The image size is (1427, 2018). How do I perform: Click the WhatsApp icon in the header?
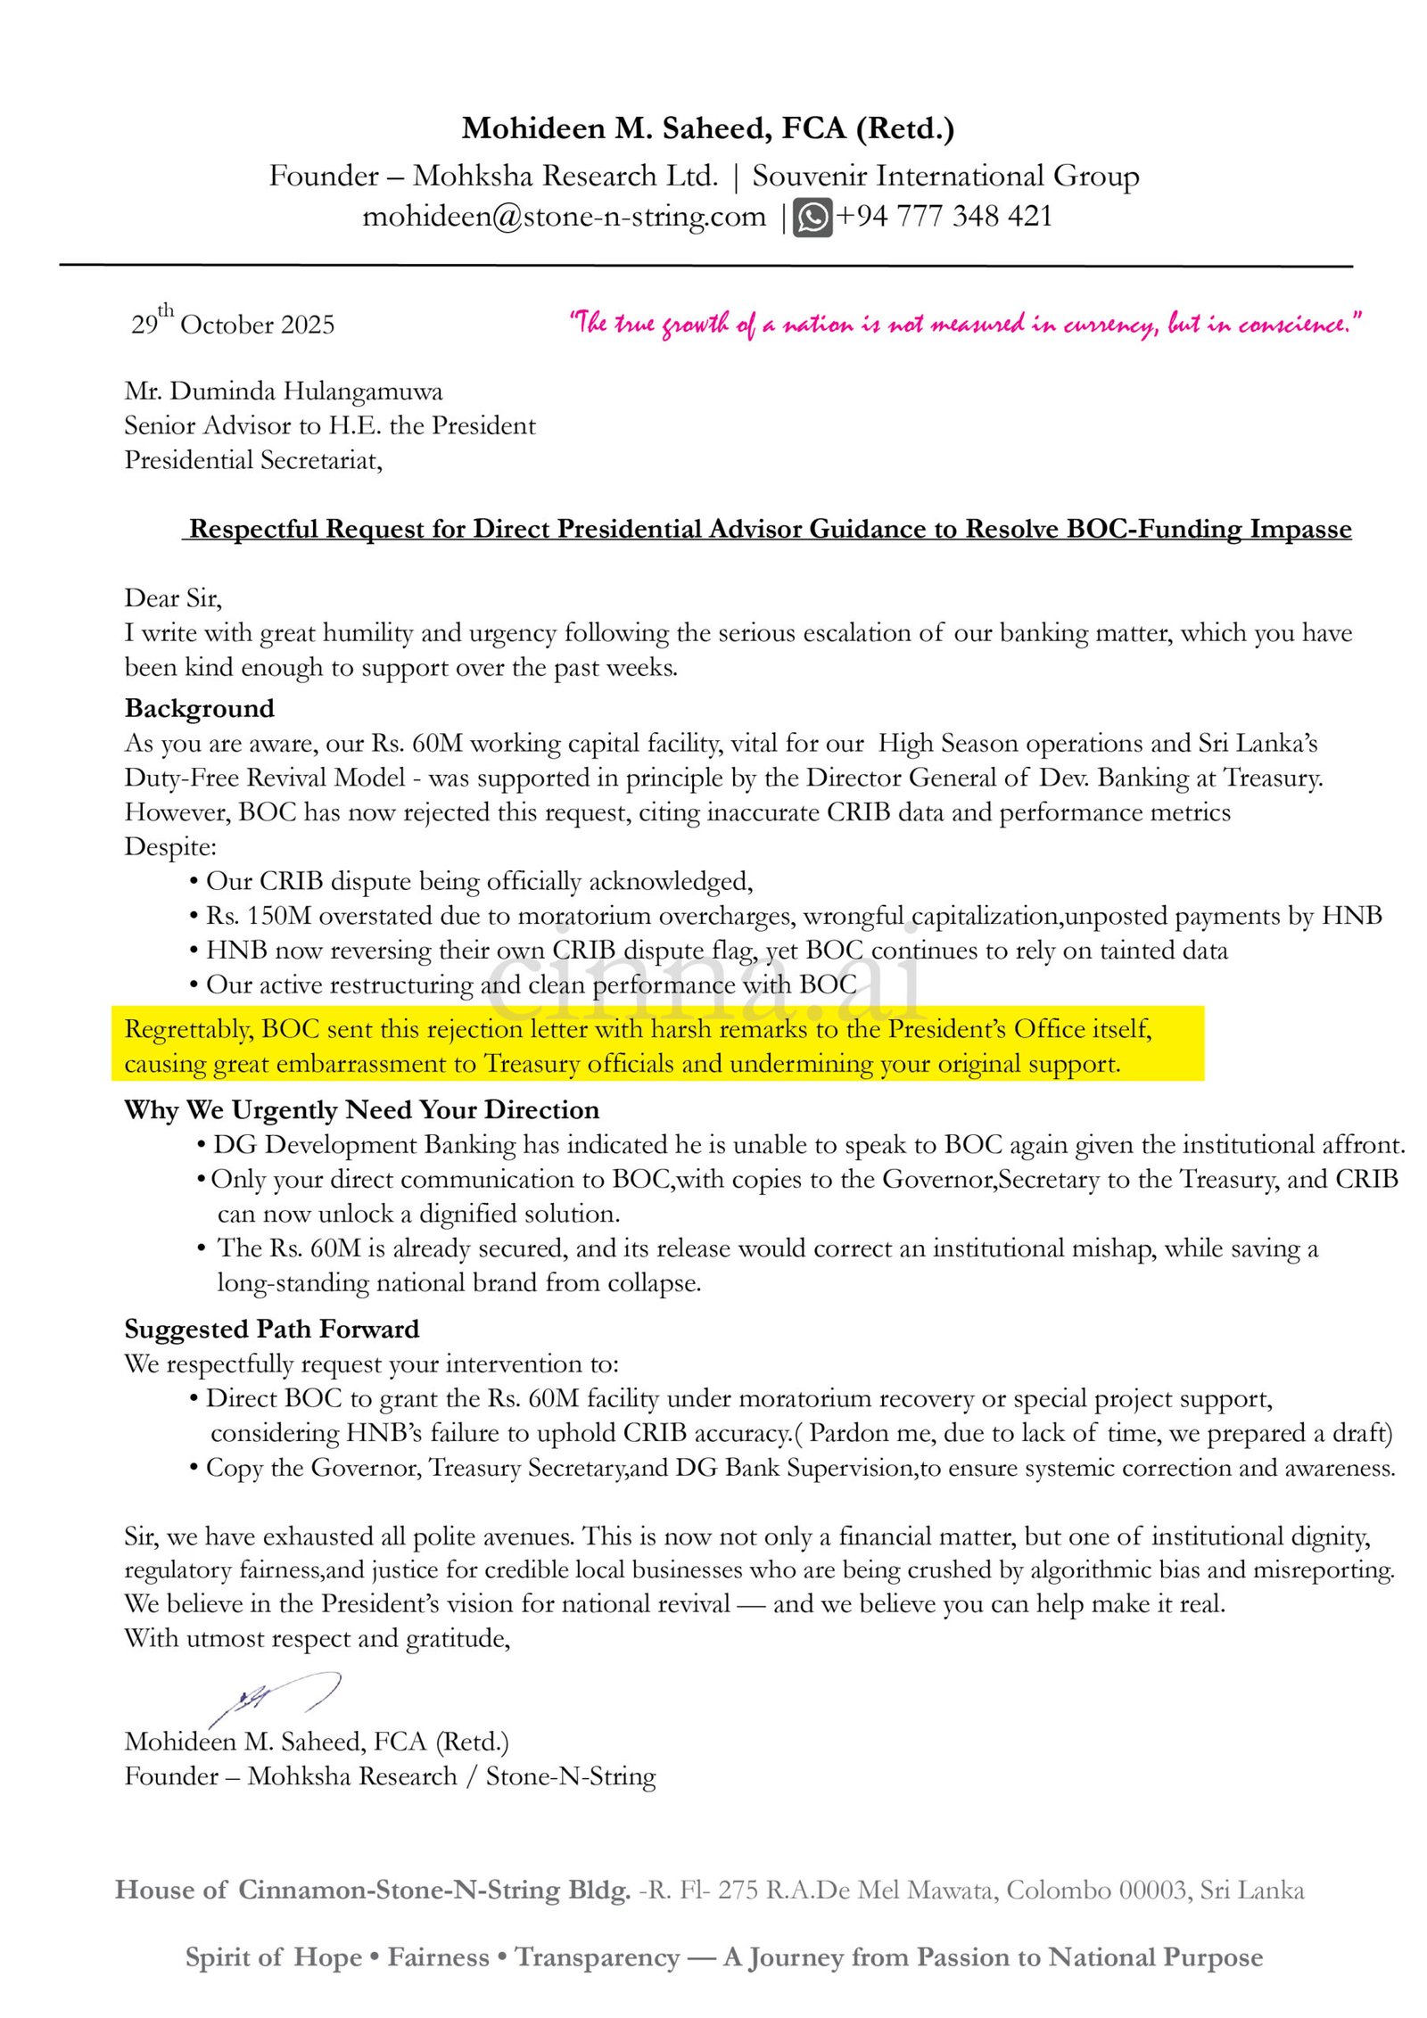[812, 218]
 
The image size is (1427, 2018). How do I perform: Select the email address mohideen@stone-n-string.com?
[564, 217]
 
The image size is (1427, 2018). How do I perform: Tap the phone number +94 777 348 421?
[944, 217]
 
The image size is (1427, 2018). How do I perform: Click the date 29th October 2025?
[233, 323]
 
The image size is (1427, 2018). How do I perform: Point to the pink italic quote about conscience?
[965, 323]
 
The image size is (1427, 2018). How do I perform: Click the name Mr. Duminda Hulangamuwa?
[284, 391]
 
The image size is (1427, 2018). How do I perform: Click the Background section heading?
[200, 708]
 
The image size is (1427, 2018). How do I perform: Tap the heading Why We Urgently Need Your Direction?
[361, 1110]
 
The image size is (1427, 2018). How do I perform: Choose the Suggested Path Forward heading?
[271, 1330]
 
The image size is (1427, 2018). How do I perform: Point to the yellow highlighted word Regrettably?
[188, 1029]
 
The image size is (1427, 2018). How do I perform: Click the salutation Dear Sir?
[173, 597]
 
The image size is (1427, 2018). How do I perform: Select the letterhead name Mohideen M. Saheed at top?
[615, 129]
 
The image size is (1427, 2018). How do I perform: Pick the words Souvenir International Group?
[945, 176]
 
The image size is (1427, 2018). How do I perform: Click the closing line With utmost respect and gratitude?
[317, 1638]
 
